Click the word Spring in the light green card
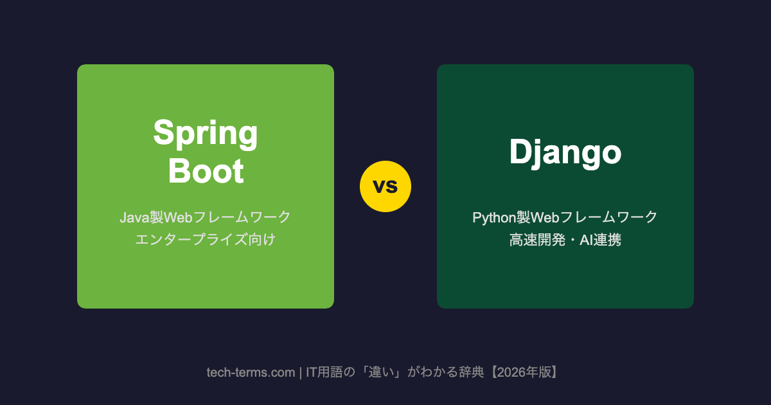pyautogui.click(x=206, y=134)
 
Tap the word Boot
pyautogui.click(x=206, y=171)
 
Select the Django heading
pyautogui.click(x=565, y=152)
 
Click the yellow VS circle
pyautogui.click(x=385, y=186)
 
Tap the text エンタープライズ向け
pyautogui.click(x=206, y=239)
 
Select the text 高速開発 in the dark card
pyautogui.click(x=537, y=240)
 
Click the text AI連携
pyautogui.click(x=600, y=240)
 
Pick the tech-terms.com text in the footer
pyautogui.click(x=251, y=372)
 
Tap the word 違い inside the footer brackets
pyautogui.click(x=381, y=372)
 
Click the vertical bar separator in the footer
pyautogui.click(x=301, y=373)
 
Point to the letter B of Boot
pyautogui.click(x=179, y=171)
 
